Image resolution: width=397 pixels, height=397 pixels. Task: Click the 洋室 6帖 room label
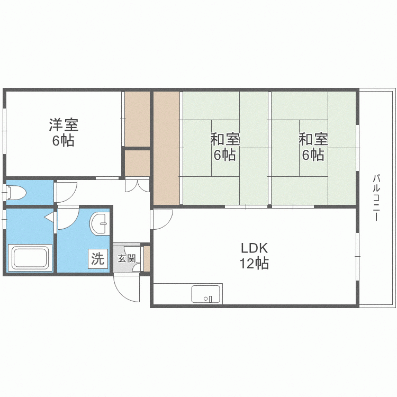64,132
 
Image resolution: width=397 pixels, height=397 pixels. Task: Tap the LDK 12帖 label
254,256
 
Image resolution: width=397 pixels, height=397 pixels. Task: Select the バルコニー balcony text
376,197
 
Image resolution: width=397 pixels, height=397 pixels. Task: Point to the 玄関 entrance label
127,258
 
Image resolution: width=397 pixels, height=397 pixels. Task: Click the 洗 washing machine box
98,259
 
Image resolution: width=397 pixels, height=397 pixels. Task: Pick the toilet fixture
16,193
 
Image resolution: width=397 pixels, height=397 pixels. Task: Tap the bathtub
30,258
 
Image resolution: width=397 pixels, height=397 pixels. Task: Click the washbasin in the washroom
100,224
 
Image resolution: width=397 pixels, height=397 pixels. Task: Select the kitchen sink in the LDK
205,294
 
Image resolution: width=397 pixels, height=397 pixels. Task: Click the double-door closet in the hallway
138,185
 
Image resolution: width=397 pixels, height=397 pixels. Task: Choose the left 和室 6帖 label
225,147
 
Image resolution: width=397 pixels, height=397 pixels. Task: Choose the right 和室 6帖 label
313,147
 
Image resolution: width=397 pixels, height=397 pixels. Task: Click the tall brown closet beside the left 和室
167,148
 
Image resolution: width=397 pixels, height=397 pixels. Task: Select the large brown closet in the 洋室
138,119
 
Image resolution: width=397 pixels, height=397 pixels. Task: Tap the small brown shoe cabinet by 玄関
147,258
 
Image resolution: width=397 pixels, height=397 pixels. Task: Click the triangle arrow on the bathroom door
49,217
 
